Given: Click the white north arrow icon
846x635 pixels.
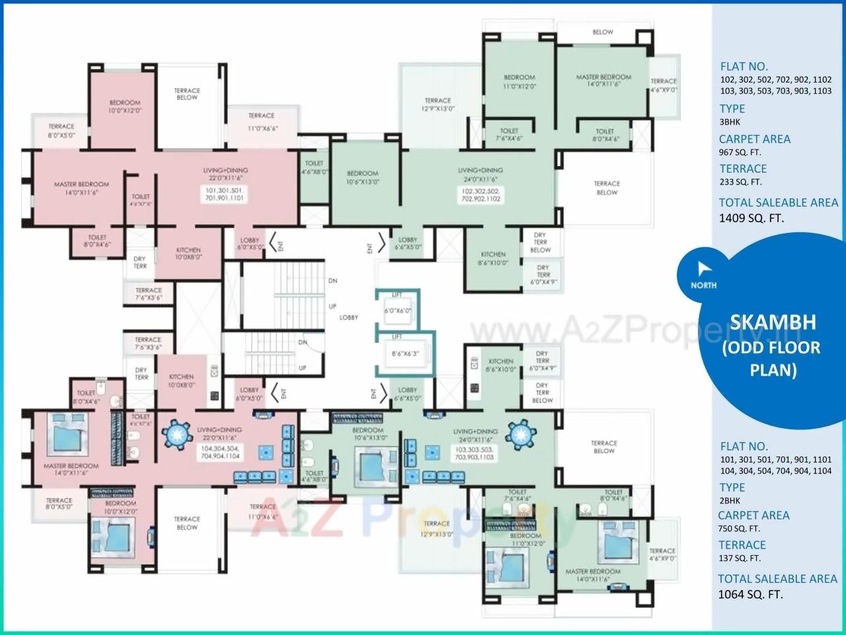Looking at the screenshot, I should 702,269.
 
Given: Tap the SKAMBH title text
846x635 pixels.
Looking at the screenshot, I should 773,322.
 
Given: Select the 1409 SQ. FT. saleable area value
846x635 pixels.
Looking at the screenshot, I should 751,218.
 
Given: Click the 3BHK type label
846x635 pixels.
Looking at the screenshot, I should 730,122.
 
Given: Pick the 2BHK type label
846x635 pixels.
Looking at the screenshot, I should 730,501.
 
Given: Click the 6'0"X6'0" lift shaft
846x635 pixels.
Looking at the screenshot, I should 398,310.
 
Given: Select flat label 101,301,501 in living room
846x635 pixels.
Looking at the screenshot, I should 225,194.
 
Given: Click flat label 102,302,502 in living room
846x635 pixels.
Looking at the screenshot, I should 481,194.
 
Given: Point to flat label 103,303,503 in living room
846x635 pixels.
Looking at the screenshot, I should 473,452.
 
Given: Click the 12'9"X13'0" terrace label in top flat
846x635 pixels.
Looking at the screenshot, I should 438,105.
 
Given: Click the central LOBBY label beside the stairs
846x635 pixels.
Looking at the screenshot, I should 349,317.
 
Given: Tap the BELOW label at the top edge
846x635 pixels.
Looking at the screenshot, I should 603,32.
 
